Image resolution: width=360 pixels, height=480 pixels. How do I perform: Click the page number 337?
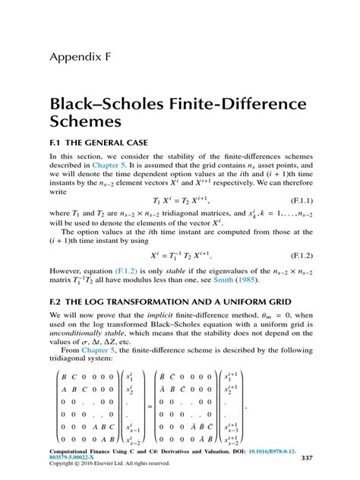coord(307,457)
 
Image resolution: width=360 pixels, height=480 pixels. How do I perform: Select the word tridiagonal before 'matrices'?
coord(185,214)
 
